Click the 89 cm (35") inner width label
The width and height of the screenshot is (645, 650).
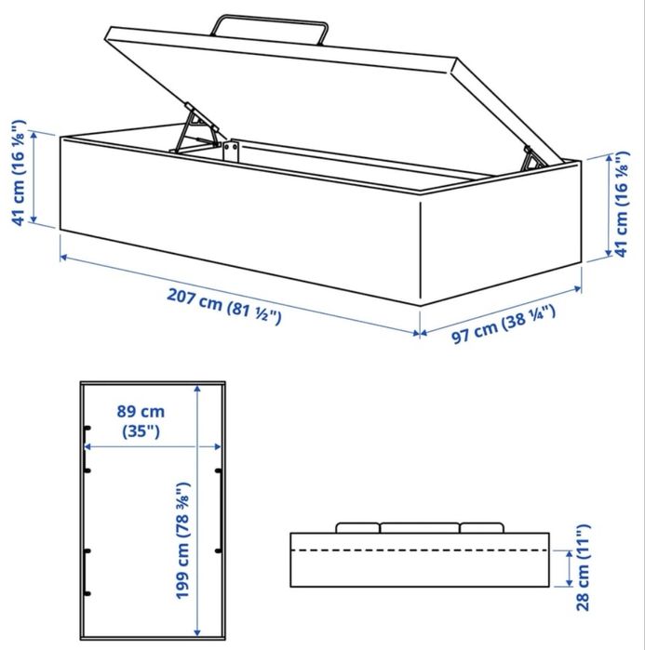pyautogui.click(x=141, y=420)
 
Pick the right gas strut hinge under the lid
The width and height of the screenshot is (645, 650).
pyautogui.click(x=535, y=159)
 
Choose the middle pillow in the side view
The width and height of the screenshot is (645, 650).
pyautogui.click(x=419, y=527)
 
